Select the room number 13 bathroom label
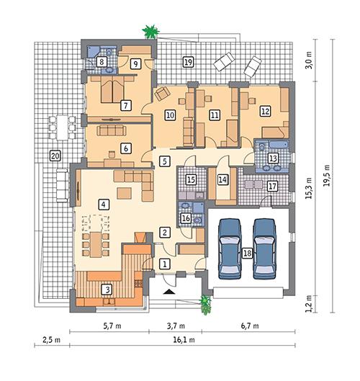(273, 158)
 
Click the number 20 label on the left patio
(54, 155)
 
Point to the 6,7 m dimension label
(246, 326)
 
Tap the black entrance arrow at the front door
(169, 292)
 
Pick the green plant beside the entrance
(207, 304)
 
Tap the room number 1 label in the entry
(165, 264)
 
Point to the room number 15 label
(191, 180)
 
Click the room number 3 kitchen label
(107, 290)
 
